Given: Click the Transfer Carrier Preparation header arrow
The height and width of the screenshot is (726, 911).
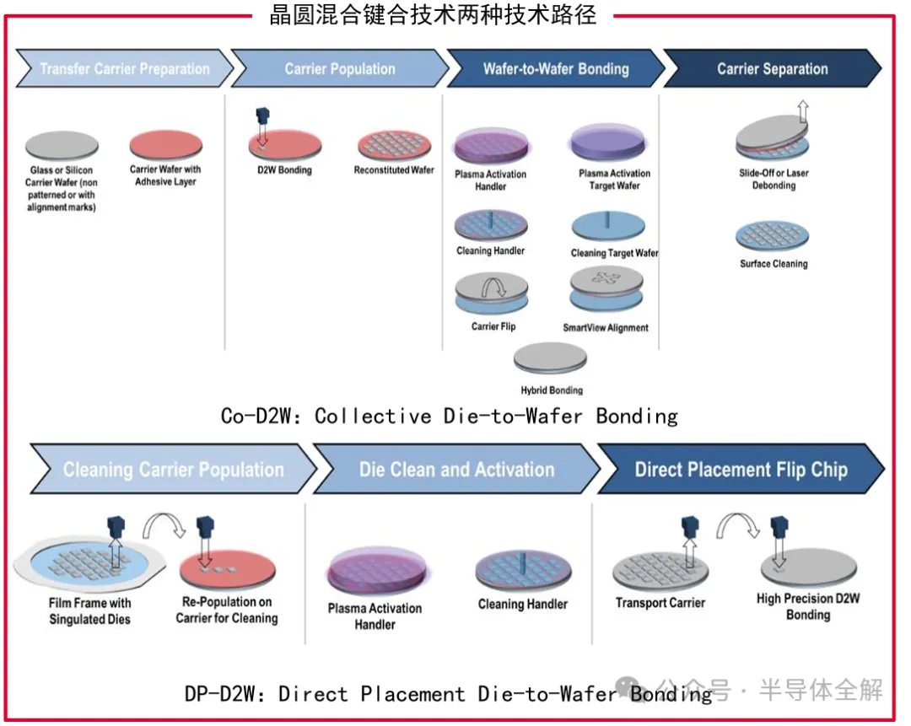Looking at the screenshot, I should (x=124, y=69).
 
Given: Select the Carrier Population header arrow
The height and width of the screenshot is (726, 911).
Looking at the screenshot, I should (x=339, y=69).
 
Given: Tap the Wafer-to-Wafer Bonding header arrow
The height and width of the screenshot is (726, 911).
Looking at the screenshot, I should (x=555, y=69).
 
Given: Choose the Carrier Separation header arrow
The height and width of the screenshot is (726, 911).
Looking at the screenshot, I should (x=772, y=69).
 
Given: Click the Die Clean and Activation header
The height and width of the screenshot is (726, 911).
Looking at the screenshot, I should (x=456, y=470).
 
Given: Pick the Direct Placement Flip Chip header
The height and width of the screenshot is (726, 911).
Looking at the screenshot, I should (x=741, y=470).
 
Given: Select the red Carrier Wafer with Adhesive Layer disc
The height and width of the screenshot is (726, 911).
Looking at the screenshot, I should (x=165, y=144).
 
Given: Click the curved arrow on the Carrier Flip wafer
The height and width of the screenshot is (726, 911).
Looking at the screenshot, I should (x=492, y=288).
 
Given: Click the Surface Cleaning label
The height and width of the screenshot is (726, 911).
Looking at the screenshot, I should (x=774, y=264).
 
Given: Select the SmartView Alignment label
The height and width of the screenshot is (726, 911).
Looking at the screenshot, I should (x=606, y=327).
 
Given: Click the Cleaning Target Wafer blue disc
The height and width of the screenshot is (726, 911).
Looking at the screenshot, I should (x=608, y=227).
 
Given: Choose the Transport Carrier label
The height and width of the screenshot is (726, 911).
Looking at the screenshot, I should (x=660, y=603).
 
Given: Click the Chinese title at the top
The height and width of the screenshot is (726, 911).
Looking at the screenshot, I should (x=433, y=15).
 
